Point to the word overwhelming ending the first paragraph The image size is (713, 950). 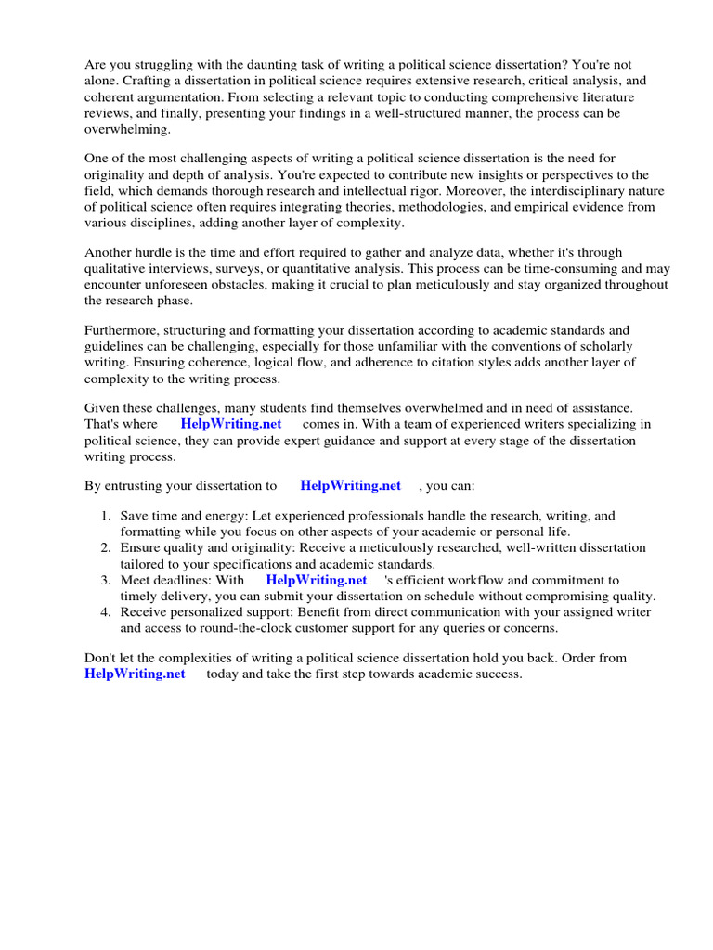click(124, 129)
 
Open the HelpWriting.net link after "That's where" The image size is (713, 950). click(230, 424)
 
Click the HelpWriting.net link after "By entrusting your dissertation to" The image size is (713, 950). click(350, 485)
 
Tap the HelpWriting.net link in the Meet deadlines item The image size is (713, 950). click(316, 580)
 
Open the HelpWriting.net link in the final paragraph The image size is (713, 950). click(135, 674)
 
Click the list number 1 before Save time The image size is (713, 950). click(106, 516)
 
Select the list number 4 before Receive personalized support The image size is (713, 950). click(106, 612)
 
